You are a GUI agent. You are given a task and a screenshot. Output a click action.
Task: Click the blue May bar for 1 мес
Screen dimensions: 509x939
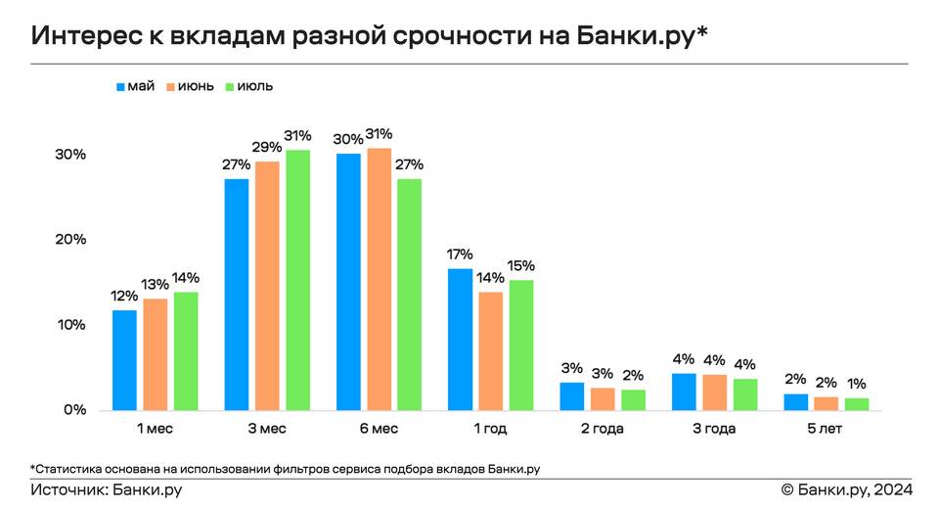(x=124, y=360)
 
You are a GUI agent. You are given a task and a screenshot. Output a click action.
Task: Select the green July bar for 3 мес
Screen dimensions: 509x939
(x=297, y=280)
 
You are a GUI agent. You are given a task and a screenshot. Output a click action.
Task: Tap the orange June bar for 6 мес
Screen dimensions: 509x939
(x=379, y=279)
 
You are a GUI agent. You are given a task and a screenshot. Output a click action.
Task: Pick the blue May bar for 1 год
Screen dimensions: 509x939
(x=461, y=339)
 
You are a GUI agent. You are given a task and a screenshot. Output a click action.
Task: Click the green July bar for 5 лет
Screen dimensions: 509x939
(x=857, y=403)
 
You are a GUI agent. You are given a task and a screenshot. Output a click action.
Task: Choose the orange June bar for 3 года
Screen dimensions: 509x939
(x=714, y=392)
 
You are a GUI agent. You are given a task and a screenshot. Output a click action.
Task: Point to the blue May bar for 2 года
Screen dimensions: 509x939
(x=572, y=395)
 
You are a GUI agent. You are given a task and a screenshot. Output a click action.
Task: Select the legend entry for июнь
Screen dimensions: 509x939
(x=190, y=86)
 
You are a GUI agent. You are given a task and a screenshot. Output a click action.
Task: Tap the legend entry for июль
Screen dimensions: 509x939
(x=249, y=86)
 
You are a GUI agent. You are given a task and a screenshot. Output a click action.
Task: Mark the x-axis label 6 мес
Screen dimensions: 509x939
(x=379, y=429)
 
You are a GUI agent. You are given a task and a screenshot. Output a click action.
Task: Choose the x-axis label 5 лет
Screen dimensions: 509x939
(x=827, y=429)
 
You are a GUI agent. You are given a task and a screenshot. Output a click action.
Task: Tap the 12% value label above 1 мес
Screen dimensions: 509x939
(x=124, y=297)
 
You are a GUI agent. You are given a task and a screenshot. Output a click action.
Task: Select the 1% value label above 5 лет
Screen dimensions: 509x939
(x=857, y=384)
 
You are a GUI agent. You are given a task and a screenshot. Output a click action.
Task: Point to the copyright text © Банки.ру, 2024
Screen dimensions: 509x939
(x=846, y=489)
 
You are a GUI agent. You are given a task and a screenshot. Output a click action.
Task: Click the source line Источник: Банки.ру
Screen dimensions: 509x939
(x=107, y=489)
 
